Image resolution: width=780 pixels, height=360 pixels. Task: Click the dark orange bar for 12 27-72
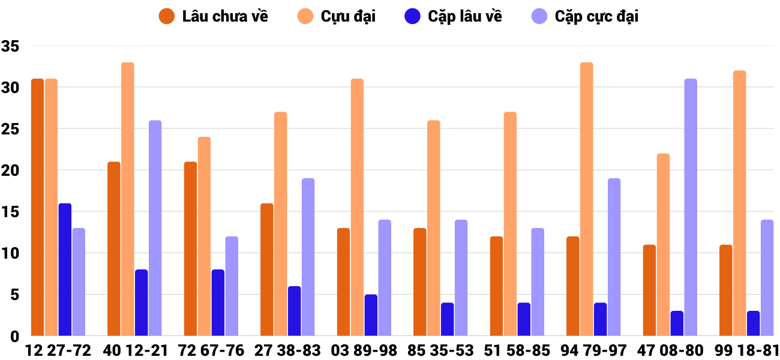tap(37, 207)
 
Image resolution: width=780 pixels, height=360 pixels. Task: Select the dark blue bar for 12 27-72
tap(65, 269)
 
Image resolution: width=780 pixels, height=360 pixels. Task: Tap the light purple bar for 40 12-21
tap(155, 228)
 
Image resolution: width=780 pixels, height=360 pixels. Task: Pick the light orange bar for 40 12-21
tap(128, 199)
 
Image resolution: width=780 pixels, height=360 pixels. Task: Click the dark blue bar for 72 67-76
tap(218, 302)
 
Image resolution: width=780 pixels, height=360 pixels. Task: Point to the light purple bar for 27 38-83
tap(308, 257)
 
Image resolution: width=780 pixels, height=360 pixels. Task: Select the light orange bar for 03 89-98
tap(357, 207)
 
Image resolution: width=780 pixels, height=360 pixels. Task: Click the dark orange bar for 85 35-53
tap(420, 282)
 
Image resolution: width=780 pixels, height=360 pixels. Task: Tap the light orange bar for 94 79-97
tap(586, 199)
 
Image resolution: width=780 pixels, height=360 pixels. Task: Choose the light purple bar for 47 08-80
tap(691, 207)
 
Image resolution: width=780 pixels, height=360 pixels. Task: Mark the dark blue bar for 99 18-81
tap(753, 323)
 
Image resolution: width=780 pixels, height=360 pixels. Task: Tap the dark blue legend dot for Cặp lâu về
tap(412, 16)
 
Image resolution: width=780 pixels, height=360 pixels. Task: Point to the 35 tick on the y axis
tap(11, 46)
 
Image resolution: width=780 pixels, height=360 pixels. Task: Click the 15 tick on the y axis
tap(11, 212)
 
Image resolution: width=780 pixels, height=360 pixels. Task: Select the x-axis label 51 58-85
tap(517, 350)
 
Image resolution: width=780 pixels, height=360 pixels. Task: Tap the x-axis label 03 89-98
tap(364, 350)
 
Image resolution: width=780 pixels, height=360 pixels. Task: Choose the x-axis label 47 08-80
tap(670, 350)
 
